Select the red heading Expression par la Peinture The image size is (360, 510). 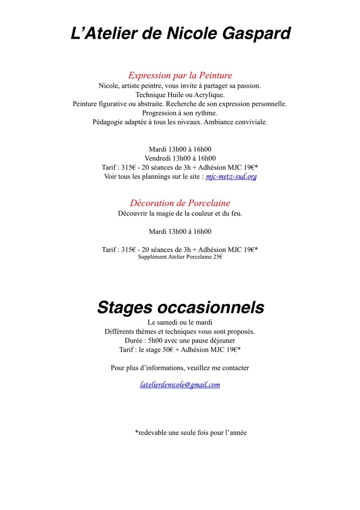coord(180,75)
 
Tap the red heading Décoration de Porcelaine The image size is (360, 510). coord(180,203)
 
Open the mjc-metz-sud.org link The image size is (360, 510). coord(231,177)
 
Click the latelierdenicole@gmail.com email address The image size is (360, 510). coord(180,385)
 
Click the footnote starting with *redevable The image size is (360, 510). coord(191,433)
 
